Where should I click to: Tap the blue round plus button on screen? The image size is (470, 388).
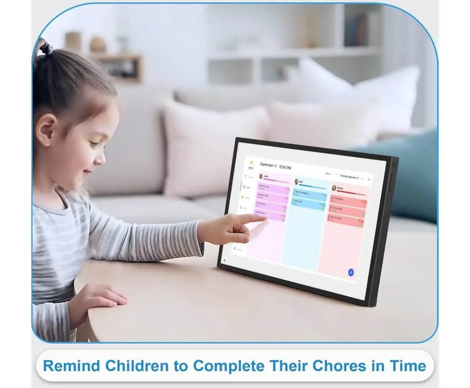coord(351,272)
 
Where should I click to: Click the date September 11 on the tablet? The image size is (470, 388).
coord(269,165)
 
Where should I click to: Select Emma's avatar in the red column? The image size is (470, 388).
coord(334,188)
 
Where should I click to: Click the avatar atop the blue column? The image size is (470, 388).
coord(296,182)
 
